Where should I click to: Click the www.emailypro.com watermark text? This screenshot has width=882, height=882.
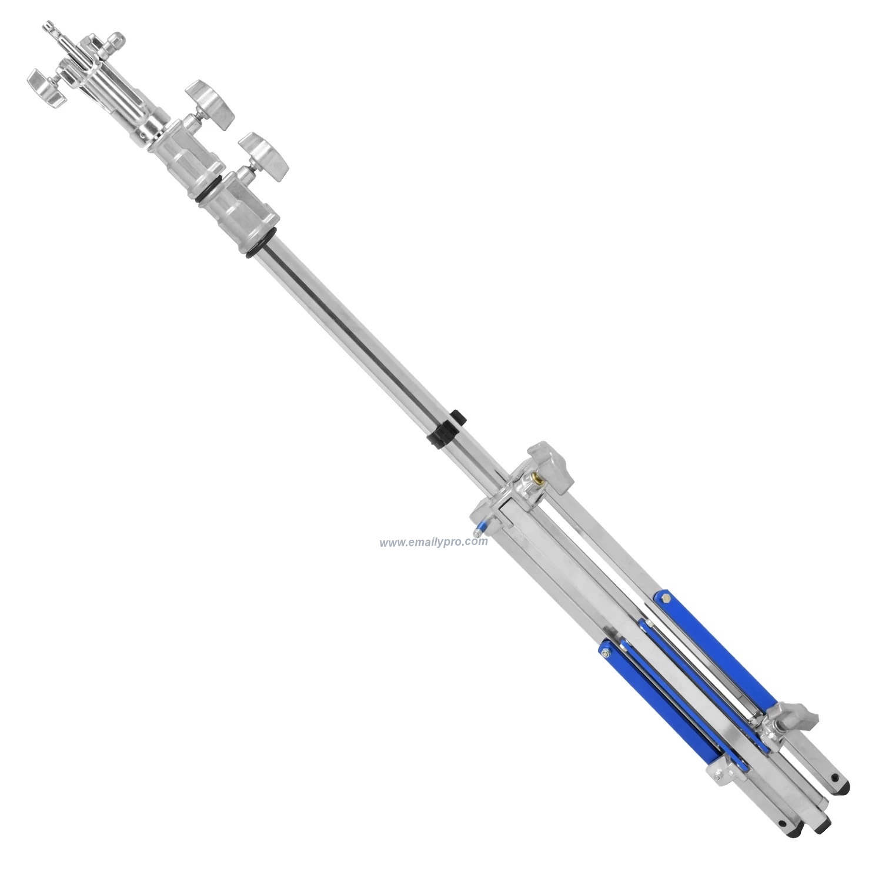(433, 542)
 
